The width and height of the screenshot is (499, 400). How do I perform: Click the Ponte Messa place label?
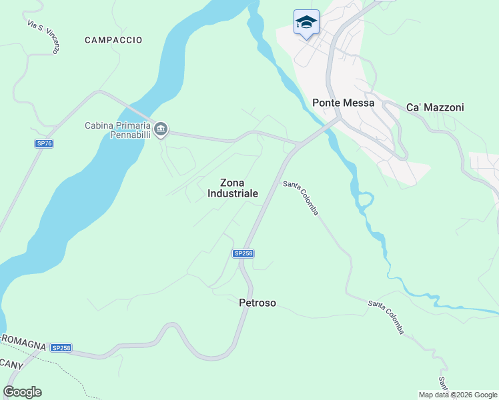click(x=343, y=103)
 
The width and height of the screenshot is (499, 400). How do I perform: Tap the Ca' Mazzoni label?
click(x=435, y=107)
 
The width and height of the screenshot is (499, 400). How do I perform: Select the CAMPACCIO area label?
click(x=113, y=40)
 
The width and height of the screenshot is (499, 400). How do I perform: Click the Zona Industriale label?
click(x=232, y=188)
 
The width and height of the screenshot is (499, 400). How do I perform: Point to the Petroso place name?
click(x=258, y=303)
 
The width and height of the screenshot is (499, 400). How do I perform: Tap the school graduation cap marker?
click(x=306, y=23)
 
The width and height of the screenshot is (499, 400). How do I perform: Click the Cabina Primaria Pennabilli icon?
click(x=161, y=129)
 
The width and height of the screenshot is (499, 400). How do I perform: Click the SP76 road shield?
click(x=44, y=143)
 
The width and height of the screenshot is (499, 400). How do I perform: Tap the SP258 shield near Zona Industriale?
click(x=243, y=253)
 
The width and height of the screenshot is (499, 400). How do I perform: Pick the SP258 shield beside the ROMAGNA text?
click(x=61, y=348)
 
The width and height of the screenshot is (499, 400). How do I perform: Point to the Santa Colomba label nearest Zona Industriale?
click(x=301, y=198)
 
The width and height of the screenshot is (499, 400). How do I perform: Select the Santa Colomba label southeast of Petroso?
click(x=387, y=317)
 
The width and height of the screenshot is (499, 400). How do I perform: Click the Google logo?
click(x=22, y=392)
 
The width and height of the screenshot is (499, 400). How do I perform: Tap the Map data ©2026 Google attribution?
click(x=458, y=395)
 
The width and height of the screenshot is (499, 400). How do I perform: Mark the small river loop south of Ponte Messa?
click(x=364, y=200)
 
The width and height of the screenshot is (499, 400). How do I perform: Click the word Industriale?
click(x=232, y=193)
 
